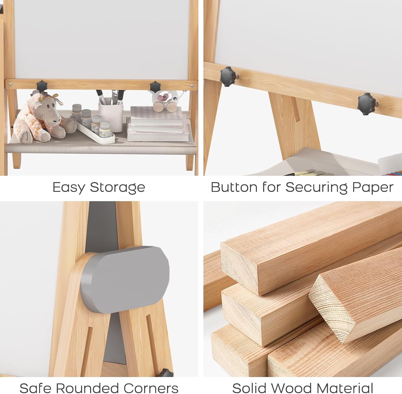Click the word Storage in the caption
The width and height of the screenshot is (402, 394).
tap(117, 187)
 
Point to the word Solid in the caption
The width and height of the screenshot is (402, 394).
tap(250, 388)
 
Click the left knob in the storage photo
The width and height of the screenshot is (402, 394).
tap(42, 86)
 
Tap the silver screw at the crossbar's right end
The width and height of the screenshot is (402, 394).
tap(192, 86)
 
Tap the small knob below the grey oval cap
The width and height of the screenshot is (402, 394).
tap(165, 373)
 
